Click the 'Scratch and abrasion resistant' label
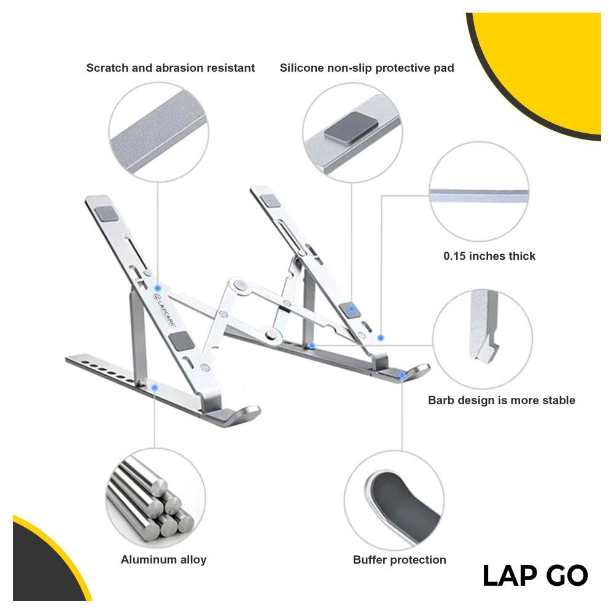point(170,68)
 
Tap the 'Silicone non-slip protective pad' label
point(367,68)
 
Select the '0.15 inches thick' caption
point(489,256)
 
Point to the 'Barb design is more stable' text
point(502,400)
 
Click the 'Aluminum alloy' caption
point(164,559)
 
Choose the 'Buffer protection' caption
point(400,559)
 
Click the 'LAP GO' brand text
point(535,576)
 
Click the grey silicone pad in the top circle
point(351,128)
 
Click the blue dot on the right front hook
point(402,375)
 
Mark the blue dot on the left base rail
point(155,387)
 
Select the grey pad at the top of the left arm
point(106,214)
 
